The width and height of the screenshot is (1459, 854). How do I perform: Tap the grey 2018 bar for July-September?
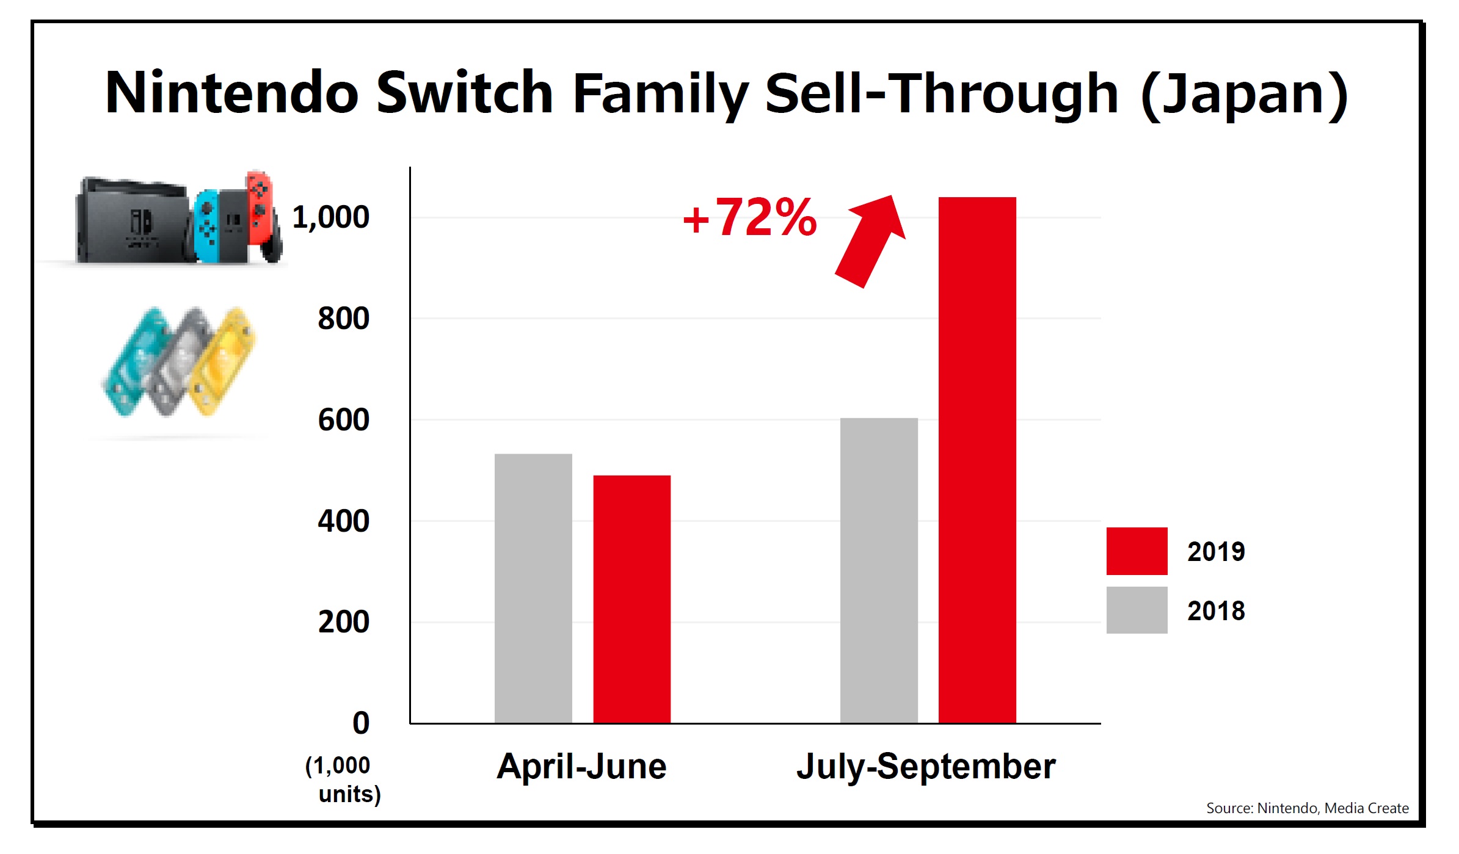coord(879,570)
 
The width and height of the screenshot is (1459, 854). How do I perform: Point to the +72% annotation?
coord(749,217)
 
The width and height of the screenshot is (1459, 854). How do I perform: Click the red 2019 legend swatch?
coord(1137,551)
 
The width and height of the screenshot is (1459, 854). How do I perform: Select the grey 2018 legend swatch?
coord(1137,610)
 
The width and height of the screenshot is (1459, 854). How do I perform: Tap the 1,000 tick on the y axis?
coord(330,217)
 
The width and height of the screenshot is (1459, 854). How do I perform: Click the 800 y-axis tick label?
coord(343,319)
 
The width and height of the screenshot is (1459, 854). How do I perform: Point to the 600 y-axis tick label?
coord(343,420)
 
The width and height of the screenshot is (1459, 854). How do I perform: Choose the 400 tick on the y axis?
coord(343,521)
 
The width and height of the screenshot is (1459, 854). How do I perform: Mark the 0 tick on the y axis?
coord(361,723)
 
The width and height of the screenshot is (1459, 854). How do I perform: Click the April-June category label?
coord(581,766)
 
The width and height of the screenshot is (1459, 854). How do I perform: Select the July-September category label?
coord(926,766)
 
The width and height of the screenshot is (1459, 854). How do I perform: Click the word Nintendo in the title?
coord(232,93)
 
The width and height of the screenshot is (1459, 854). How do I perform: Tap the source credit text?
coord(1307,808)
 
